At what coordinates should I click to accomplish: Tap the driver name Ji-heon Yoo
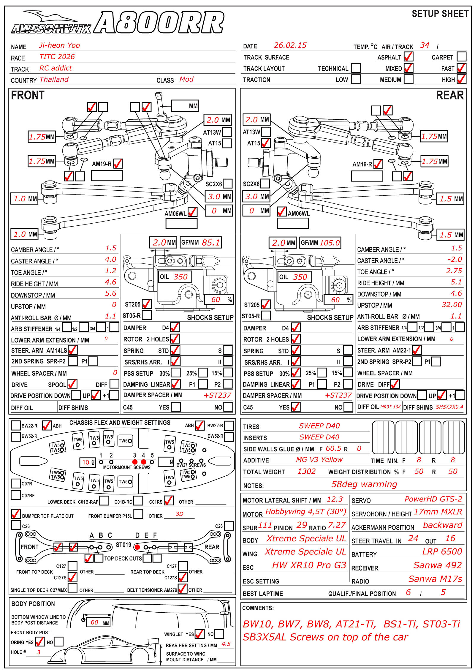click(59, 45)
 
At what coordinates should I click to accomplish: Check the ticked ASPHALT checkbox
click(408, 56)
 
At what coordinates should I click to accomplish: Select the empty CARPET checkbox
click(461, 56)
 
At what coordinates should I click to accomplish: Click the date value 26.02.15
click(290, 45)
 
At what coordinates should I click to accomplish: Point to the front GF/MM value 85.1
click(211, 243)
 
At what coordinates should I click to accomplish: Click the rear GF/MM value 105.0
click(330, 243)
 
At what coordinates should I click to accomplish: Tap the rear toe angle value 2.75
click(454, 271)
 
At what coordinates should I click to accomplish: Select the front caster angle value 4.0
click(110, 260)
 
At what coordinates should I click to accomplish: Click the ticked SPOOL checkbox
click(72, 384)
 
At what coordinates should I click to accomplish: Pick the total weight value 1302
click(306, 471)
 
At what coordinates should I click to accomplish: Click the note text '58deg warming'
click(364, 484)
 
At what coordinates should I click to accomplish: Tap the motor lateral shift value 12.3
click(335, 499)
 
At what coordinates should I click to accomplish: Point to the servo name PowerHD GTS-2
click(433, 499)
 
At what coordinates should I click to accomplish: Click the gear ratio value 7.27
click(337, 525)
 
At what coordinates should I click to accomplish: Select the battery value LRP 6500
click(442, 551)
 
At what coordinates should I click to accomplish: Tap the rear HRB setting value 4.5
click(226, 644)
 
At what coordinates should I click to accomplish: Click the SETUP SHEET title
click(440, 14)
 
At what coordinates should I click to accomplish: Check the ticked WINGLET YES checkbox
click(199, 634)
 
